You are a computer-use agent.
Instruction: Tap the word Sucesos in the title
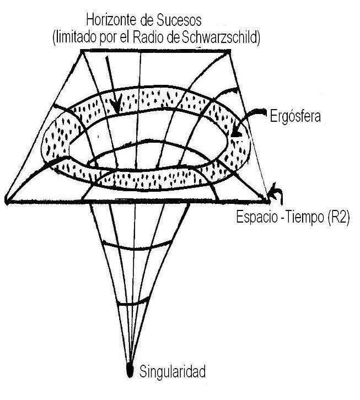(x=179, y=20)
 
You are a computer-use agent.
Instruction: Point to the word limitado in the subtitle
(x=77, y=38)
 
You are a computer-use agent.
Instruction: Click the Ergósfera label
(x=295, y=116)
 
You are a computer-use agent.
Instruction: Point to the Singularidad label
(x=173, y=371)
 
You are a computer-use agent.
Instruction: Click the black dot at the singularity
(x=130, y=370)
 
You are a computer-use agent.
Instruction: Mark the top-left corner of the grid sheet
(x=82, y=51)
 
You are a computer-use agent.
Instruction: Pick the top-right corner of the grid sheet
(x=229, y=51)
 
